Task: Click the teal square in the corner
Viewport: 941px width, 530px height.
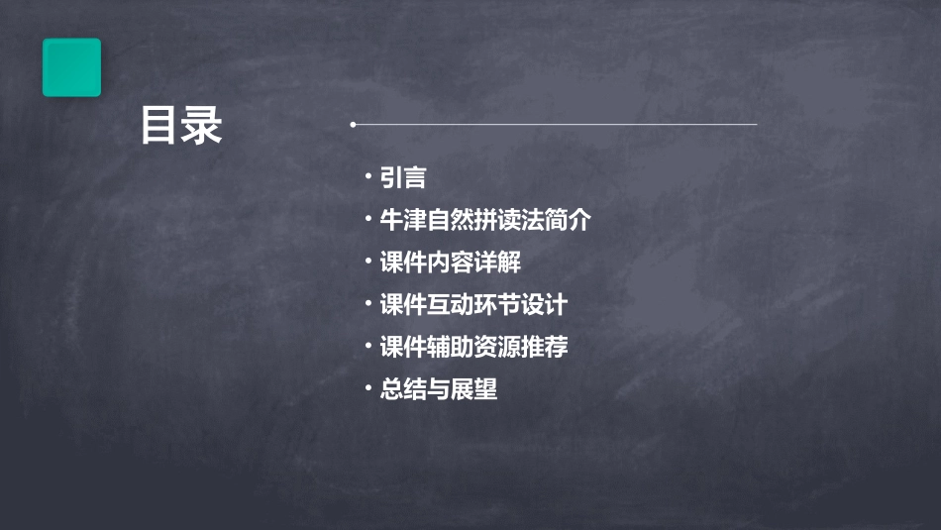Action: pos(71,67)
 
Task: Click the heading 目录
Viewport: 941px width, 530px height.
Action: pos(181,126)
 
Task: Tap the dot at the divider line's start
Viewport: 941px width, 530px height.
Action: pos(353,125)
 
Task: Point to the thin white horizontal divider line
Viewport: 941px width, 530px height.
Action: pos(555,125)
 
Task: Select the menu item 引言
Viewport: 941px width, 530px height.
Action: pos(403,178)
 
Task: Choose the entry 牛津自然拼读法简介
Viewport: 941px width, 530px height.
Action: pos(485,220)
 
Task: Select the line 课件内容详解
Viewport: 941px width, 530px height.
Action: pos(451,263)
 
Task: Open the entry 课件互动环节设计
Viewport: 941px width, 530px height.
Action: pos(473,305)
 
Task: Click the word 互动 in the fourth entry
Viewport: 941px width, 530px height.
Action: pos(451,305)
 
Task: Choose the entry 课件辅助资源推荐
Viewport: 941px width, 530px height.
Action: pos(473,348)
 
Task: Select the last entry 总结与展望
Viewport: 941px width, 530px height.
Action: pos(439,389)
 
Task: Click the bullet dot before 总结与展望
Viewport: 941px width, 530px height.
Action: pos(367,387)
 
